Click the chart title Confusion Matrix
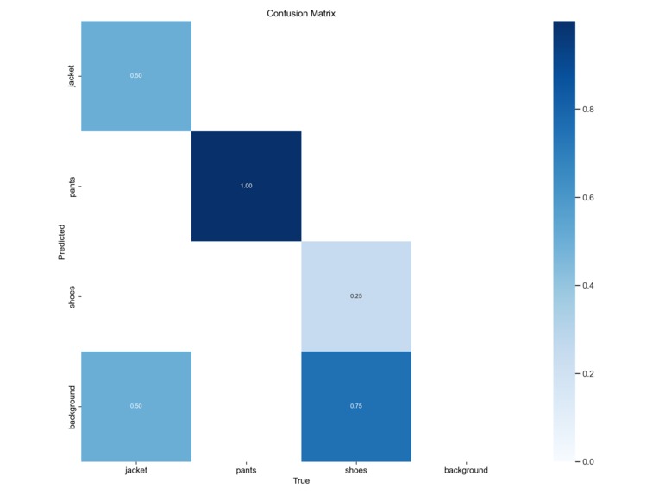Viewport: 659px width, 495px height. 301,13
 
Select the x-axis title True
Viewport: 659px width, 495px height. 301,481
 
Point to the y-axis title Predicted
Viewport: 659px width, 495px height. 62,242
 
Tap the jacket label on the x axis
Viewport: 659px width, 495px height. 136,470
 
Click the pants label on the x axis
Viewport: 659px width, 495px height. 246,470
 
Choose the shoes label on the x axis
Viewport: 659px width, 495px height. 356,470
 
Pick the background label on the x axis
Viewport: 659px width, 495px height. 466,470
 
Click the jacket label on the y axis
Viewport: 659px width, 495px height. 72,76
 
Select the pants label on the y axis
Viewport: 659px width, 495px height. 72,186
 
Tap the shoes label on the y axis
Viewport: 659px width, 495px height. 72,296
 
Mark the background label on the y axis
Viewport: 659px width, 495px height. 72,406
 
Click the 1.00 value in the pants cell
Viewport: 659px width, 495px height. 246,187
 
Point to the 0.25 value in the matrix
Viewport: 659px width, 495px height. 356,296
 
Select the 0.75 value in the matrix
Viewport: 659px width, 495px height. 356,407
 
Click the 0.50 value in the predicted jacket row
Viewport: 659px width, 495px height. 136,76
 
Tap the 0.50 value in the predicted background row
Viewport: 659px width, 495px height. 136,407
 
